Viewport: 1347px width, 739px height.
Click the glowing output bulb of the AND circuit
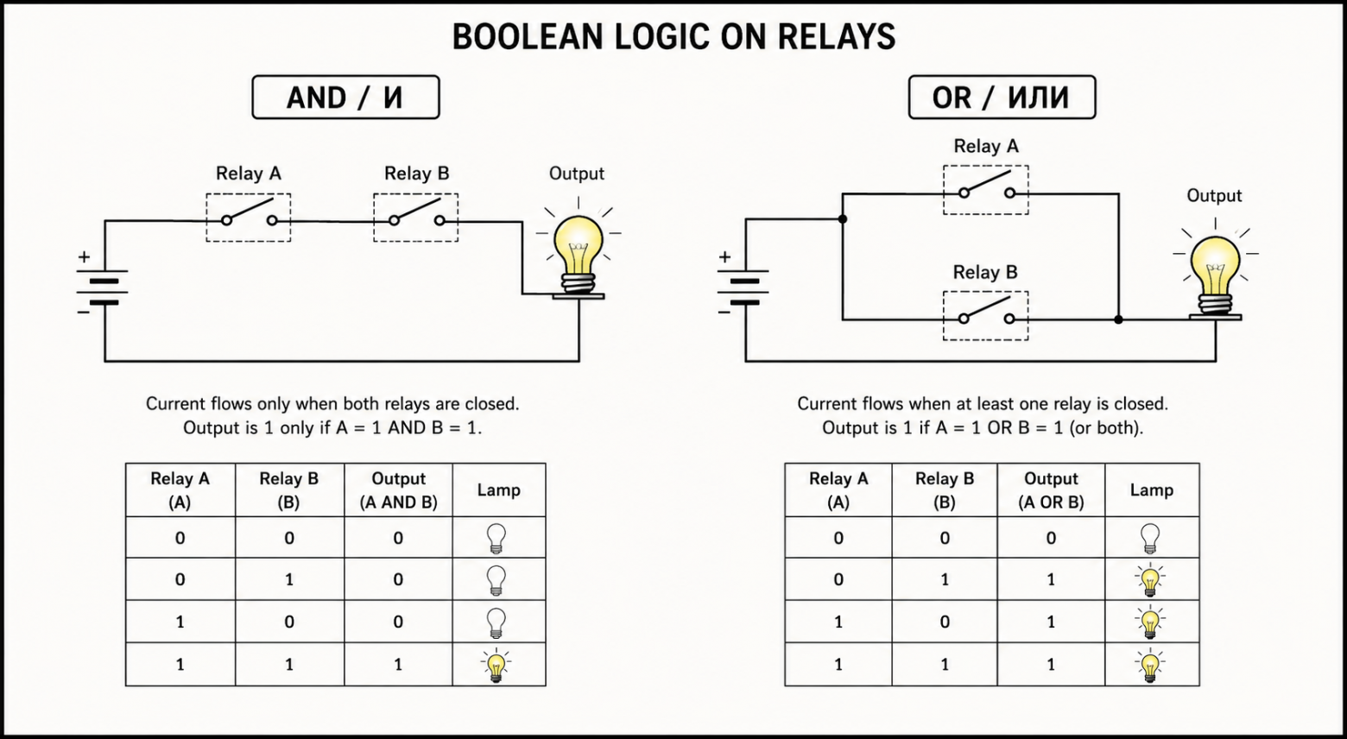coord(579,253)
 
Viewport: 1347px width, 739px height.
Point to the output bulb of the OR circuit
coord(1215,275)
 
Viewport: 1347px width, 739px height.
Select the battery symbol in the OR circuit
coord(743,286)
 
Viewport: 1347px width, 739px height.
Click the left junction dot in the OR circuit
coord(843,219)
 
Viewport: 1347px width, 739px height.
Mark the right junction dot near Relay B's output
coord(1118,319)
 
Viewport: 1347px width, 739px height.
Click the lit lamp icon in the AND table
coord(496,665)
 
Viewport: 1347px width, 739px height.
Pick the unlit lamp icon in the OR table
coord(1150,538)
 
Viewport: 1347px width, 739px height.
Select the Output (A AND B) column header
coord(398,490)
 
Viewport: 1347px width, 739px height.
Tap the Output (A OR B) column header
coord(1051,490)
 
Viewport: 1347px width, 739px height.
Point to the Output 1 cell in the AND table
coord(398,665)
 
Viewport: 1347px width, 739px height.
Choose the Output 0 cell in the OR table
coord(1051,538)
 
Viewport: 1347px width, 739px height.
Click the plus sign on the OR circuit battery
coord(725,257)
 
